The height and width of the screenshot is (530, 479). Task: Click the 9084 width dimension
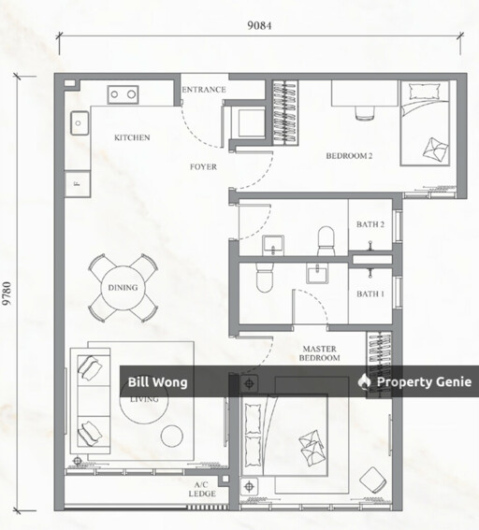(259, 25)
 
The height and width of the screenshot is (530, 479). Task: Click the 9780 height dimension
(7, 294)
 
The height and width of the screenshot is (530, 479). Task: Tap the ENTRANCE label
(204, 90)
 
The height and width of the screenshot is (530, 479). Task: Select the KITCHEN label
(132, 137)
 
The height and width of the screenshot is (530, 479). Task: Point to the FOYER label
(203, 166)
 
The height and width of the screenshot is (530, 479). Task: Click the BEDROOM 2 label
(349, 156)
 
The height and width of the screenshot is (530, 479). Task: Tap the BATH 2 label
(370, 224)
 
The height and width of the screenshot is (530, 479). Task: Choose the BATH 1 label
(370, 294)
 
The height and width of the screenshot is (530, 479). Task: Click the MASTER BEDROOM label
(320, 353)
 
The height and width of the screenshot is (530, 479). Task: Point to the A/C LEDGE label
(202, 490)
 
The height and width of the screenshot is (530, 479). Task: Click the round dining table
(123, 288)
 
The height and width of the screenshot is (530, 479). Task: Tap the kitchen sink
(80, 123)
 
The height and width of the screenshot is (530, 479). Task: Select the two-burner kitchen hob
(123, 94)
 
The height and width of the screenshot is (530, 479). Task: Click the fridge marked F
(77, 184)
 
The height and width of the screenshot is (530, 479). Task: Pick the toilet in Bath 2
(327, 241)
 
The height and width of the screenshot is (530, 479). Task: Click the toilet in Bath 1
(264, 278)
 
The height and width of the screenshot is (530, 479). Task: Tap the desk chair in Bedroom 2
(365, 112)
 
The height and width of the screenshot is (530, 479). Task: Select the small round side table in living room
(172, 436)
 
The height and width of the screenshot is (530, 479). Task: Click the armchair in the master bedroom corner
(373, 480)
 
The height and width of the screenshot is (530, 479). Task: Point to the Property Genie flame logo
(364, 381)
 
